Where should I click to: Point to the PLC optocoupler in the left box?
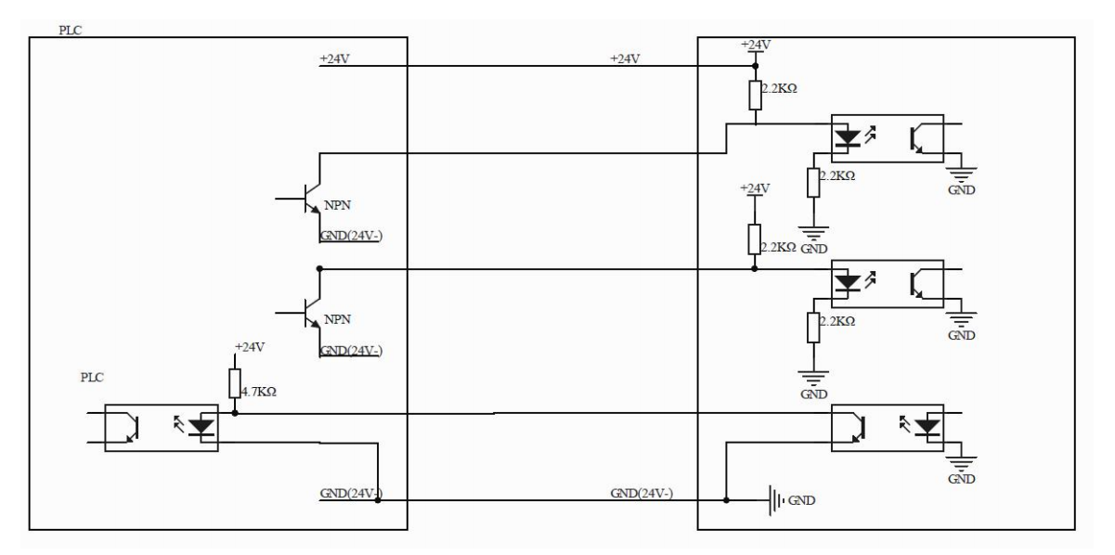(161, 428)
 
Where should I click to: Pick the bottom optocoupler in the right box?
(887, 426)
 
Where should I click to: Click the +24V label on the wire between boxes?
(626, 58)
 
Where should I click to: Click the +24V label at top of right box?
(756, 44)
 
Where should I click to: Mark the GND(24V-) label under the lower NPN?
(352, 351)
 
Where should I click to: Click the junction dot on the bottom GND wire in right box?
(726, 500)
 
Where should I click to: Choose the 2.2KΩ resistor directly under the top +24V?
(756, 95)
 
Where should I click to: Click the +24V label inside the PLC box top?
(334, 58)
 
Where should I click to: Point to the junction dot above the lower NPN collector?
(319, 269)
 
